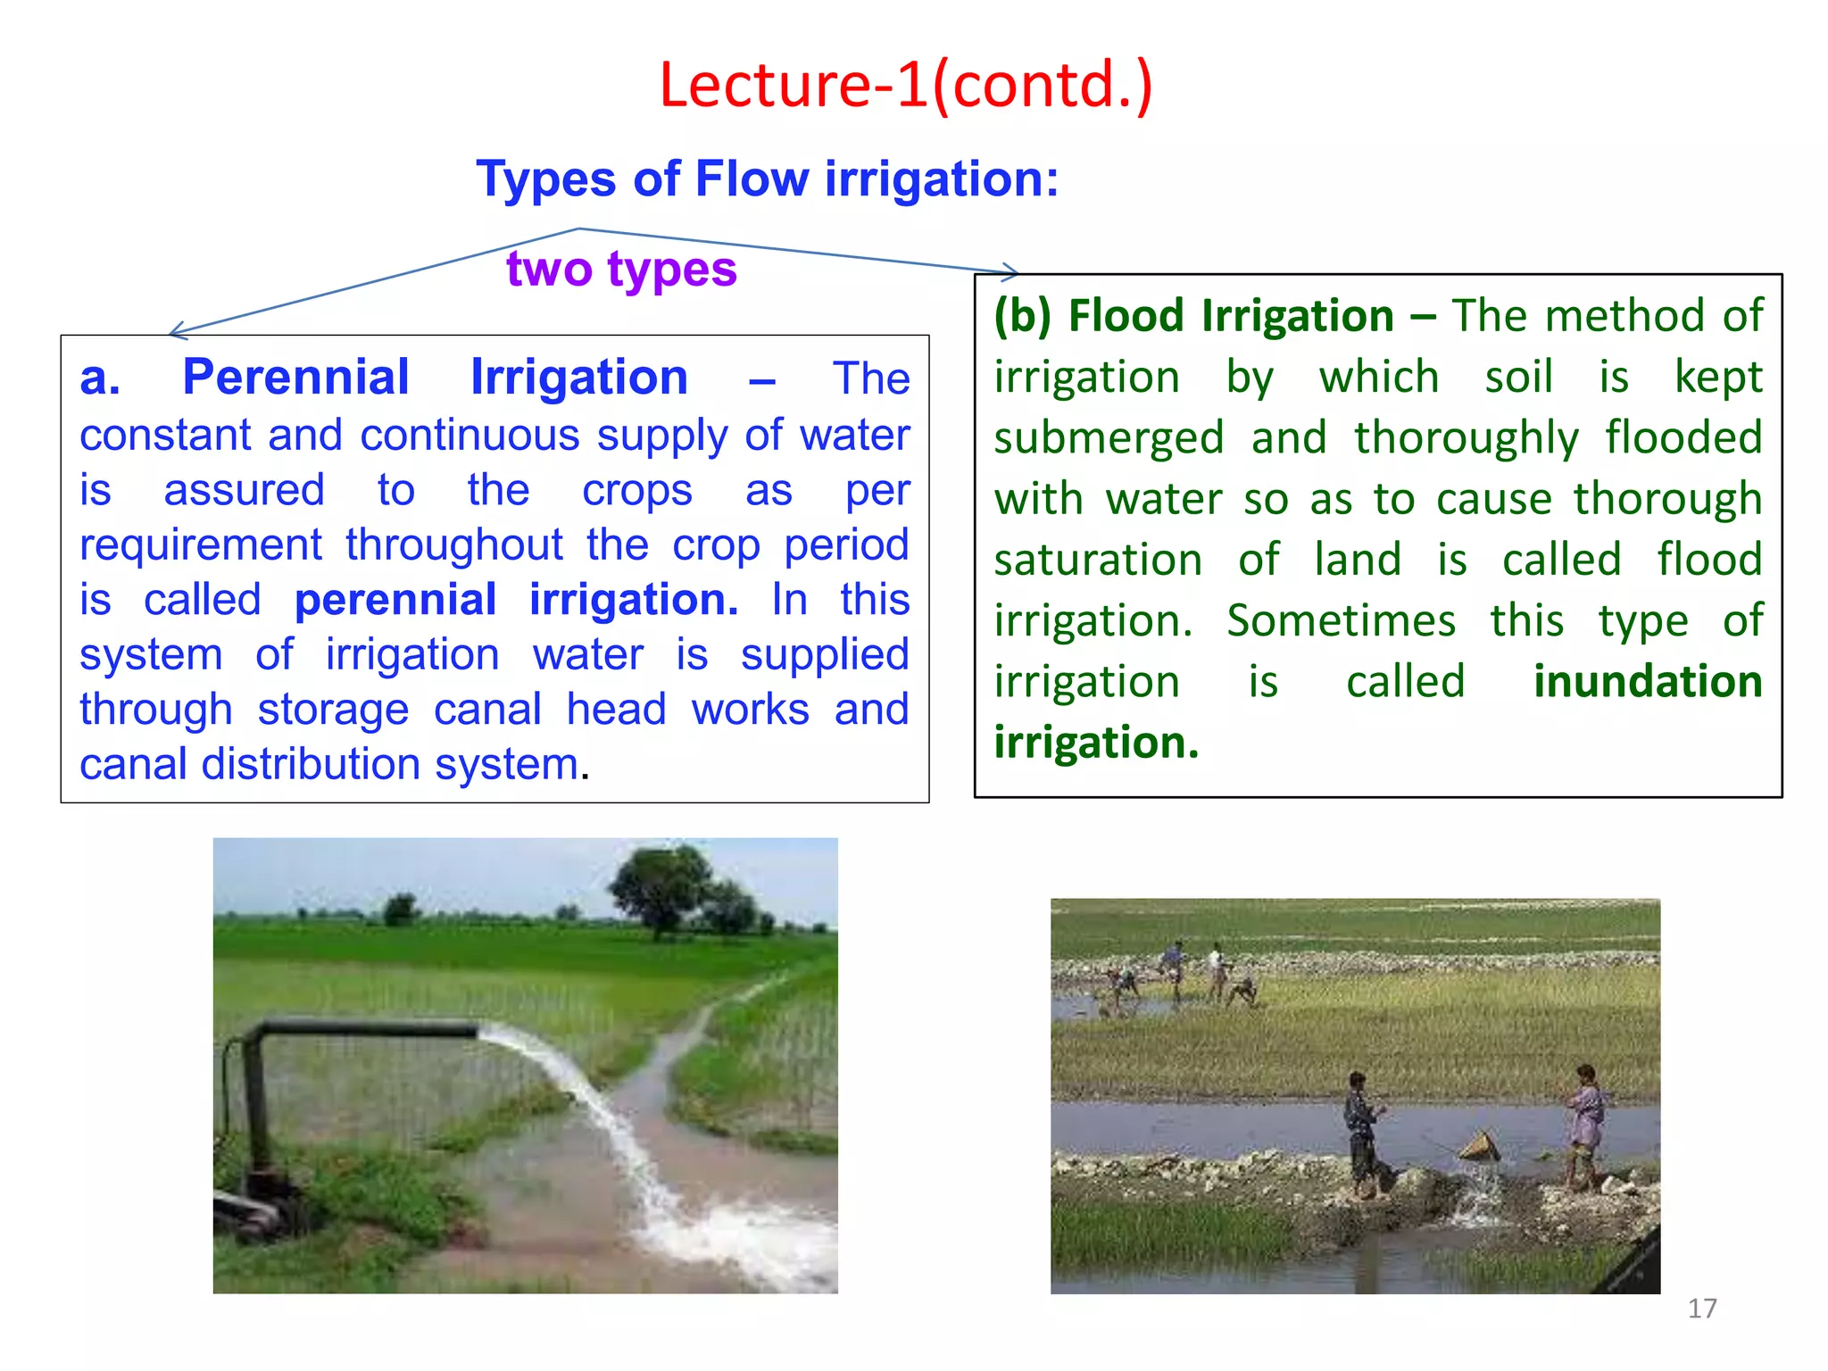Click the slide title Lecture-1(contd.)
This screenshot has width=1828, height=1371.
click(x=906, y=85)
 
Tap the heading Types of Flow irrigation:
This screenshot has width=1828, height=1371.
click(x=767, y=179)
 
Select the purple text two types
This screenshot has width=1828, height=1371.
click(x=621, y=269)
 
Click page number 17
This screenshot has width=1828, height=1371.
click(x=1701, y=1309)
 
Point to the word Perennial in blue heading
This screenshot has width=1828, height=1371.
click(x=295, y=378)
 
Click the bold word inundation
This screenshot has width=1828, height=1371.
click(x=1647, y=682)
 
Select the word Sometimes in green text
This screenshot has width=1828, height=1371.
click(x=1341, y=621)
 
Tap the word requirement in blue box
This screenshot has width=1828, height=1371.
click(x=201, y=545)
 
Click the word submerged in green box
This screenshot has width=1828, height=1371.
click(x=1109, y=439)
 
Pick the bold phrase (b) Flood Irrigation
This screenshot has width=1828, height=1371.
click(x=1194, y=316)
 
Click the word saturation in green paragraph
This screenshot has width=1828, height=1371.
click(x=1098, y=561)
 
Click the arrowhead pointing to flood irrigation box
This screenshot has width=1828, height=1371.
click(x=1011, y=270)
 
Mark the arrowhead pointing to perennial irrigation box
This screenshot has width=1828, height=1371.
click(x=176, y=332)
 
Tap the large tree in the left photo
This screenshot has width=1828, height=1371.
click(x=661, y=887)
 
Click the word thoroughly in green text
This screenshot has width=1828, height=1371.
click(x=1466, y=439)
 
